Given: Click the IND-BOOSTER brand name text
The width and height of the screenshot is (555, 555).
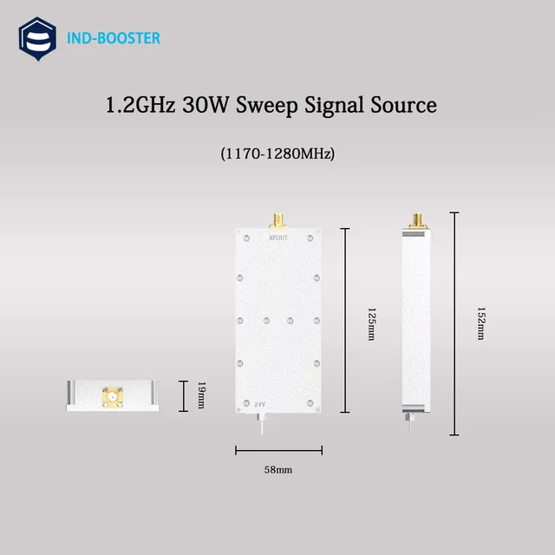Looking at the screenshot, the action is pyautogui.click(x=113, y=39).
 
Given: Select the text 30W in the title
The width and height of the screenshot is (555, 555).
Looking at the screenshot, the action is pyautogui.click(x=205, y=105).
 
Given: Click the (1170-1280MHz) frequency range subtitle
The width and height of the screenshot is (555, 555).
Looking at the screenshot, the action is pyautogui.click(x=277, y=153).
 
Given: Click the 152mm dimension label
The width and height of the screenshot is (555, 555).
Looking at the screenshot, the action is pyautogui.click(x=480, y=322).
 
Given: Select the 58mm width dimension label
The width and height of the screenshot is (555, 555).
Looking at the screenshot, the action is pyautogui.click(x=278, y=469).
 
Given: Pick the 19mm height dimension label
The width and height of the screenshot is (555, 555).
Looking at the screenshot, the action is pyautogui.click(x=200, y=396).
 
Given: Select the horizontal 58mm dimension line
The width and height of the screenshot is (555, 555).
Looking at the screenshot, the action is pyautogui.click(x=278, y=450).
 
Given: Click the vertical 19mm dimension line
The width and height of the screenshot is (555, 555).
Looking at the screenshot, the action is pyautogui.click(x=183, y=396).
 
